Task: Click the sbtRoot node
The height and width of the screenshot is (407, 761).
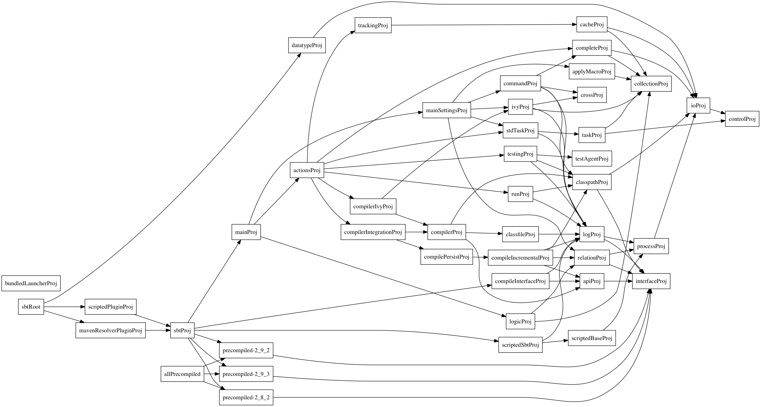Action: [x=31, y=307]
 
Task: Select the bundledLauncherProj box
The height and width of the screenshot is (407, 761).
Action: [x=31, y=283]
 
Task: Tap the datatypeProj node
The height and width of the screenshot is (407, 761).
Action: [x=307, y=45]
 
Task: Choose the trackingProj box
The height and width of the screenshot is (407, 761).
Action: [x=373, y=25]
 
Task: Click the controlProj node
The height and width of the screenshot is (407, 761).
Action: [x=742, y=119]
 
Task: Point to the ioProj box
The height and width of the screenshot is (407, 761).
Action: [x=698, y=105]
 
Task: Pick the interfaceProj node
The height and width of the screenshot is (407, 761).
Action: [x=651, y=281]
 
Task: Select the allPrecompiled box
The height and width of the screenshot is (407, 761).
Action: [x=182, y=374]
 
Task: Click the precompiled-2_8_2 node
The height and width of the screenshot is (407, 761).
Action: [x=246, y=397]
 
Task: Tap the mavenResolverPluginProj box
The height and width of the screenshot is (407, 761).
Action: [x=110, y=330]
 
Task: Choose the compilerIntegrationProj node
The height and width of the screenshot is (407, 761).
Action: [x=373, y=232]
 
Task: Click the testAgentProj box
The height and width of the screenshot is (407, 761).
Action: [x=591, y=159]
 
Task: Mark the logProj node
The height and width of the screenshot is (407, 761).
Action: [x=591, y=234]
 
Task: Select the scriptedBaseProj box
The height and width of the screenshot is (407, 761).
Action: [x=592, y=338]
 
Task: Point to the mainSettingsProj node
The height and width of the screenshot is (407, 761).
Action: [x=446, y=110]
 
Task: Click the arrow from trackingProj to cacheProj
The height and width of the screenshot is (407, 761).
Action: [x=481, y=25]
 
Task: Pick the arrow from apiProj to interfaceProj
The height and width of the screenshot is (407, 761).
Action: [x=617, y=281]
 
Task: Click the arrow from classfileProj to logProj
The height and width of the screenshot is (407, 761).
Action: [x=560, y=234]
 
